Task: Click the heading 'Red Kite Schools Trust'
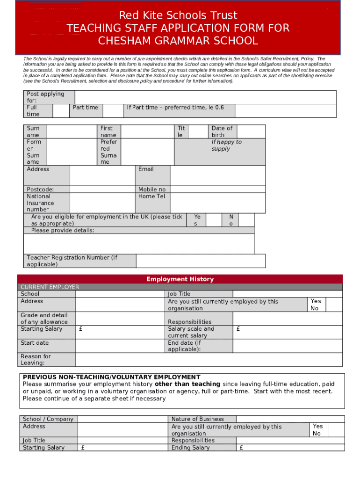pos(178,16)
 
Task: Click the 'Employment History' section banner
pos(180,279)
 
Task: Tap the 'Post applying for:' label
pos(45,97)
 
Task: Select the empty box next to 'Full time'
pos(60,111)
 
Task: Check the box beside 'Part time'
pos(112,111)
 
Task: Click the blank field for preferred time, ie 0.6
pos(285,111)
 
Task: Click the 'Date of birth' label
pos(222,131)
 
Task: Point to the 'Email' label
pos(146,169)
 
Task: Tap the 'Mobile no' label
pos(151,189)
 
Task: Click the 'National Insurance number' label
pos(40,203)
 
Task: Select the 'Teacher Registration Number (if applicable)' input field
pos(201,261)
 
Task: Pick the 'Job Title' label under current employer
pos(179,294)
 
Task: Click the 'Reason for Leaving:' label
pos(36,359)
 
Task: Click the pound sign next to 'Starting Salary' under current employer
pos(81,329)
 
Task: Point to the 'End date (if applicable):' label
pos(184,346)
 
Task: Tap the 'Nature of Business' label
pos(197,419)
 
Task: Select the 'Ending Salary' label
pos(190,448)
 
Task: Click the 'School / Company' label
pos(48,419)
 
